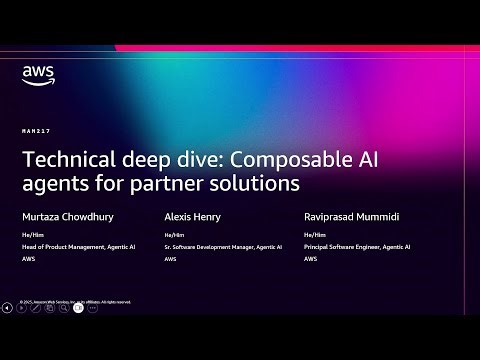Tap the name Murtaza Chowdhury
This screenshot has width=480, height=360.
pos(70,215)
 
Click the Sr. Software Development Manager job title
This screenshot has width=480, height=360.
pos(223,246)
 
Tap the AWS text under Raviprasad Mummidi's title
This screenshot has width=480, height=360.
pos(311,258)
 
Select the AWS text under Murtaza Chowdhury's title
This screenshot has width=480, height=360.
pos(28,258)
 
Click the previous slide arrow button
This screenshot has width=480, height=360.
pos(7,308)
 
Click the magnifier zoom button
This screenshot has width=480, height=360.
pos(64,308)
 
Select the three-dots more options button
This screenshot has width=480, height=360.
pos(93,308)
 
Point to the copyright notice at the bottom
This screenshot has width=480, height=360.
pos(75,300)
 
